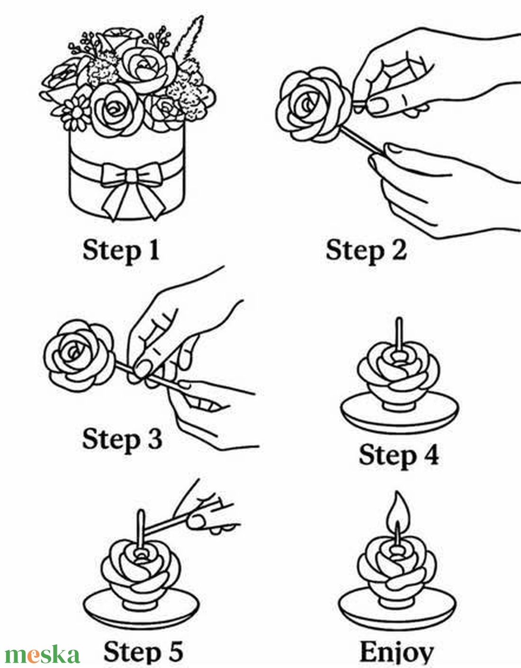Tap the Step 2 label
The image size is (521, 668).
click(x=366, y=251)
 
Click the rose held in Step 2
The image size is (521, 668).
click(x=313, y=105)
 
